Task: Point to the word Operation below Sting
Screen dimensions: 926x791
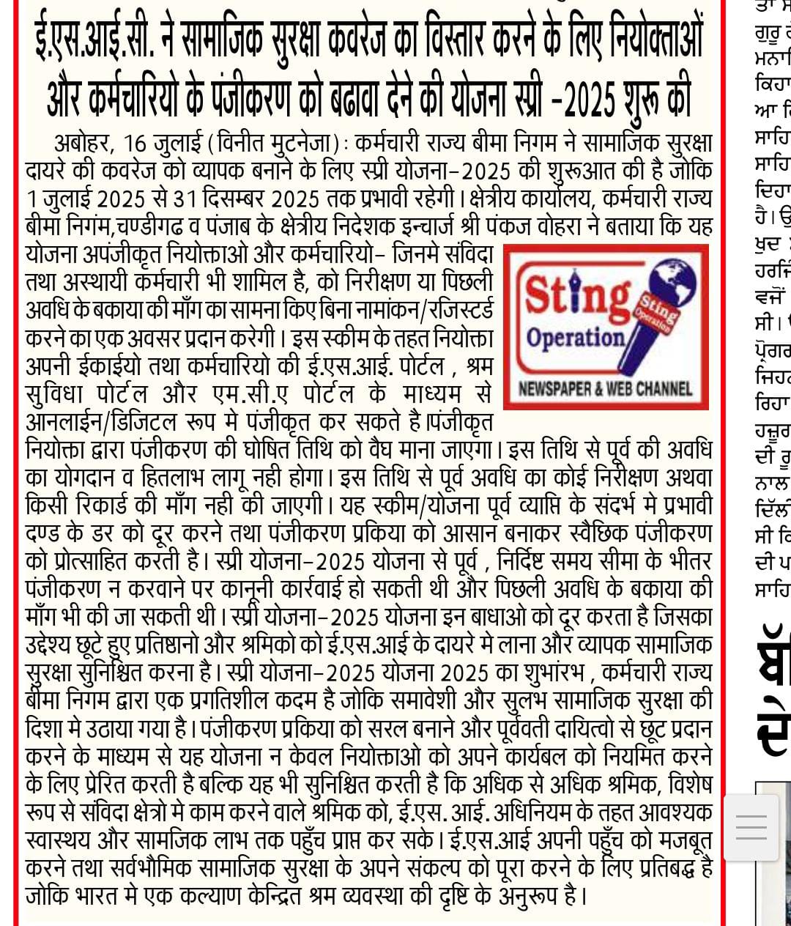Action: pos(576,338)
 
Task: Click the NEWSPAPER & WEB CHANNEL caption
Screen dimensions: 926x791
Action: pos(605,388)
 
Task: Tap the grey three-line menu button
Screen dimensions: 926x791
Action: pos(751,826)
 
